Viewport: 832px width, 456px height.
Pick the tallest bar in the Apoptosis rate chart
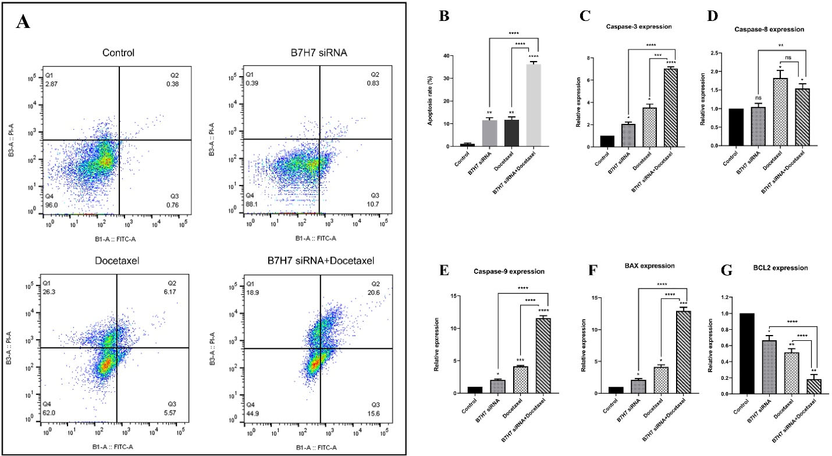(x=533, y=105)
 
